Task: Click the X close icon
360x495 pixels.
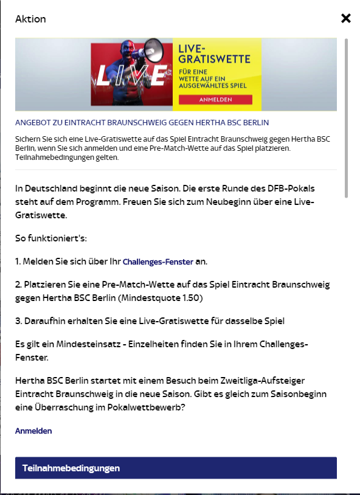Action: click(x=346, y=18)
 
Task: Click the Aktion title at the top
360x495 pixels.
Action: click(x=30, y=19)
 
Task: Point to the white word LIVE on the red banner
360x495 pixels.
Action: click(x=131, y=75)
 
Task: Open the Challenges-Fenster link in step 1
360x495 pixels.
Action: click(x=157, y=261)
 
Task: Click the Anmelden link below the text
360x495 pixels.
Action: click(x=33, y=431)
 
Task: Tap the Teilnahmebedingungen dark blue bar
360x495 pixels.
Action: click(x=176, y=468)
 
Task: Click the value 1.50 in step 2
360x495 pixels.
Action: click(x=190, y=298)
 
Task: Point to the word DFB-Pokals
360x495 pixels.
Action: click(x=290, y=188)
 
